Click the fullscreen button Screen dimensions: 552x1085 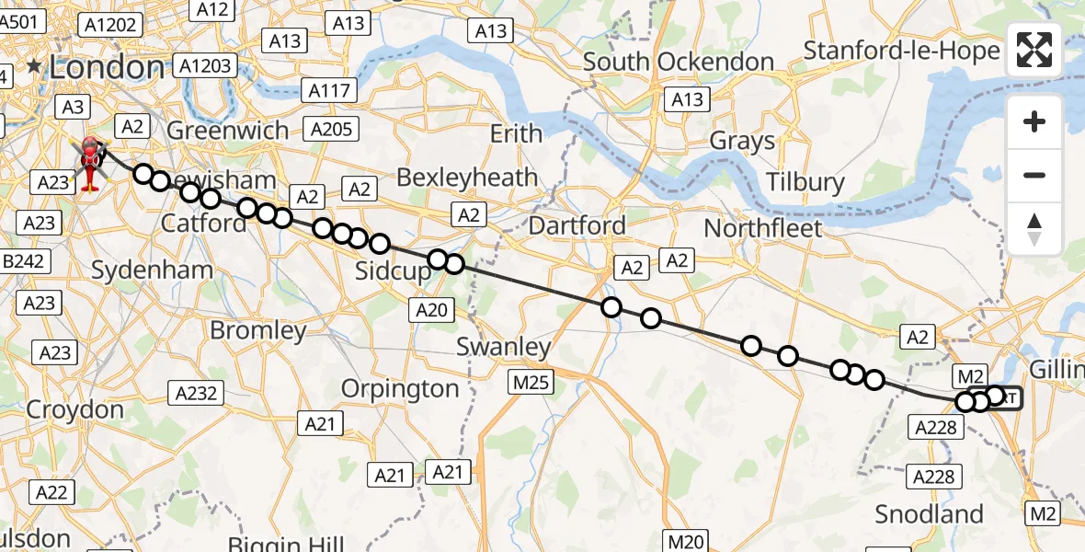coord(1034,50)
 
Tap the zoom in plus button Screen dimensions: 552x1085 coord(1034,121)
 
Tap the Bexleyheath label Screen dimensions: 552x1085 coord(469,177)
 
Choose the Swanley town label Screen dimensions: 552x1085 coord(504,347)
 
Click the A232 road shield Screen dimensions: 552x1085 coord(196,394)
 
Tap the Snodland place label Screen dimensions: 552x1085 coord(929,513)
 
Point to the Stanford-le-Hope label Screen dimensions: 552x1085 coord(901,50)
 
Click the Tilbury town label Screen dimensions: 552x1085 coord(806,181)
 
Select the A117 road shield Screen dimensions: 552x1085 coord(328,90)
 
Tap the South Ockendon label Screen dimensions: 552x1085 coord(679,62)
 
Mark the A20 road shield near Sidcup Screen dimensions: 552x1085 coord(431,310)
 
